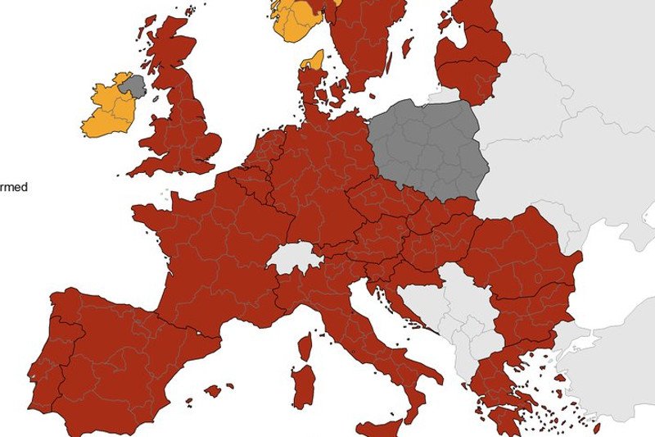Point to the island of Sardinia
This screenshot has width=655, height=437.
(303, 385)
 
